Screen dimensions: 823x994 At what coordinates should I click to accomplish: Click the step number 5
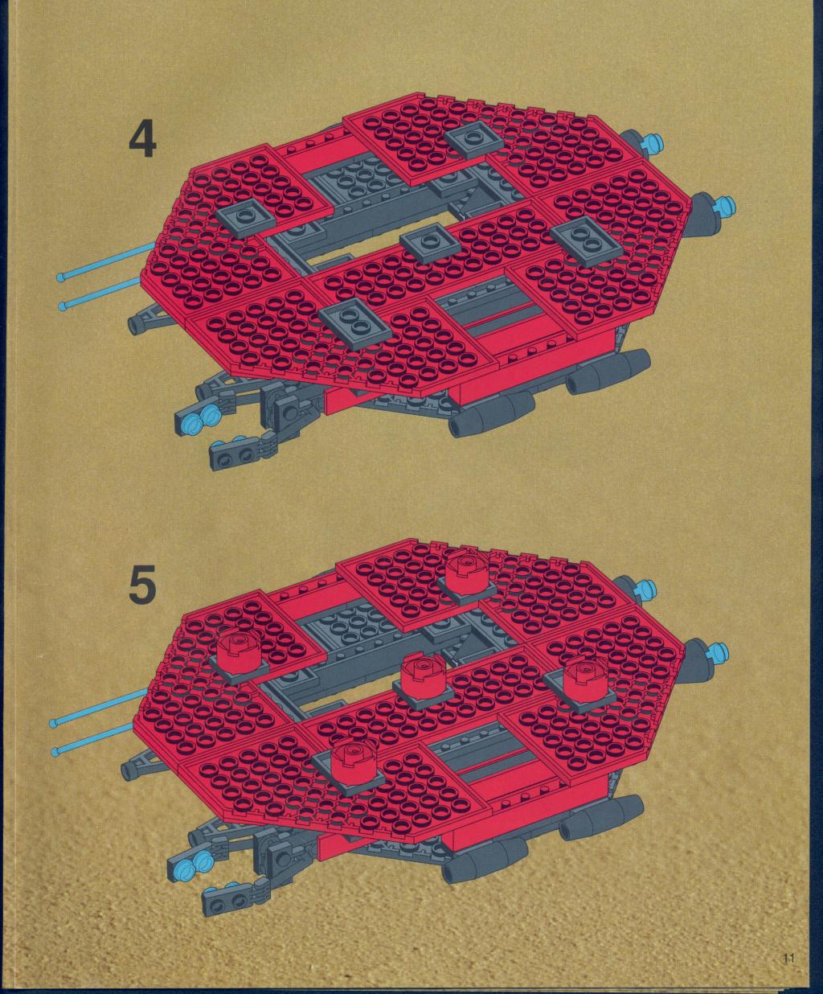click(x=142, y=584)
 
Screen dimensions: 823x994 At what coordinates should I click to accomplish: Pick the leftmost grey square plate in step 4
click(x=246, y=219)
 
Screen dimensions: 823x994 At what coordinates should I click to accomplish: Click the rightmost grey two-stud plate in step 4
click(x=586, y=240)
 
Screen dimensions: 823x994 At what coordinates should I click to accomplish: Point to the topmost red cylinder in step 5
click(x=467, y=575)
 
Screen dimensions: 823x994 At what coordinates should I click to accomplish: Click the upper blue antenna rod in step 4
click(x=108, y=261)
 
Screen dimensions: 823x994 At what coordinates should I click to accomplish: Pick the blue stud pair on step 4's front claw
click(x=200, y=418)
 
